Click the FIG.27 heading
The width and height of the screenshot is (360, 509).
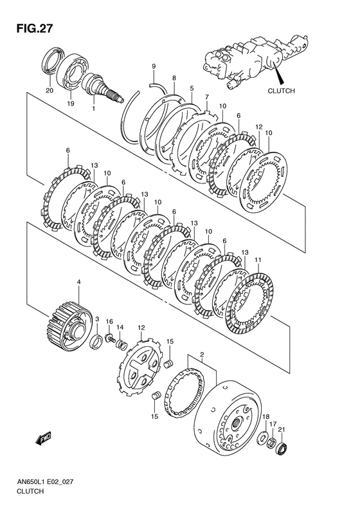click(34, 28)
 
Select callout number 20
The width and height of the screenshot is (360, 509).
click(50, 91)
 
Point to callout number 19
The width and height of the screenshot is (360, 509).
click(71, 104)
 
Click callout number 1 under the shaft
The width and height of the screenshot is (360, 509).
click(93, 109)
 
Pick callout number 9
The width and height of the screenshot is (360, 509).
click(154, 66)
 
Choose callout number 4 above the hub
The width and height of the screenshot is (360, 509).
click(78, 282)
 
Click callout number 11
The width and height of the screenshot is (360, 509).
click(258, 260)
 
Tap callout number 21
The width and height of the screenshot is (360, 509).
click(282, 430)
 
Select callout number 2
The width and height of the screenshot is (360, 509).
click(202, 353)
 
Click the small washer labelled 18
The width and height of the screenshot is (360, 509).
click(262, 438)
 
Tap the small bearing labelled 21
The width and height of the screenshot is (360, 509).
click(282, 449)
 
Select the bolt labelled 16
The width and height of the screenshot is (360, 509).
click(111, 338)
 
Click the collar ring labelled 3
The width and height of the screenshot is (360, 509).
click(96, 342)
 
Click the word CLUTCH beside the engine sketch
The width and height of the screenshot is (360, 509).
click(281, 91)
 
